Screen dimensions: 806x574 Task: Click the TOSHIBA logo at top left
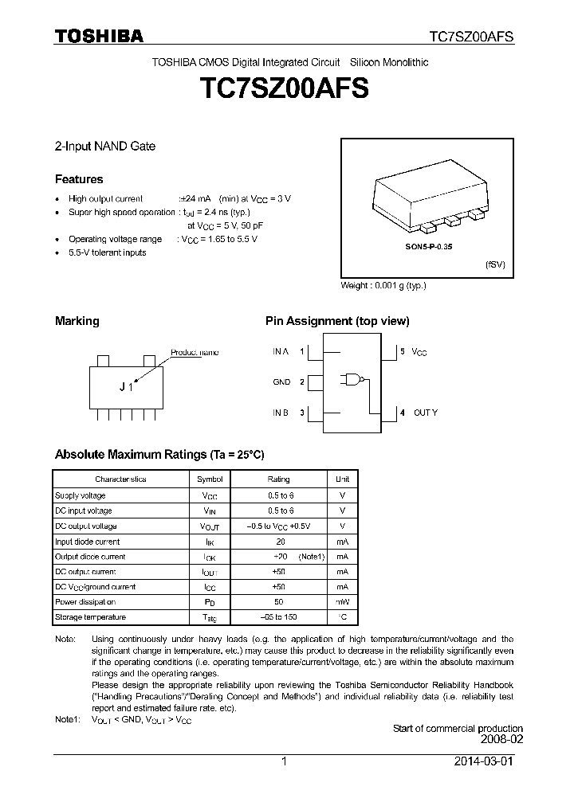pos(99,36)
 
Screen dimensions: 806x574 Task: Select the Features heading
pos(78,179)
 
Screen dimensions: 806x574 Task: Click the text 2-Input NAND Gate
pos(104,147)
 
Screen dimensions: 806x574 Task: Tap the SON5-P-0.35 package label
pos(428,248)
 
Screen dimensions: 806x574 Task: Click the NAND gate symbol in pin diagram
pos(352,381)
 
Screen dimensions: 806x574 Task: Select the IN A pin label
pos(281,351)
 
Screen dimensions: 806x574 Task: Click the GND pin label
pos(281,382)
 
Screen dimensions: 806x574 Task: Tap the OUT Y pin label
pos(425,413)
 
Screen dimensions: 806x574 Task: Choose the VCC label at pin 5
pos(419,352)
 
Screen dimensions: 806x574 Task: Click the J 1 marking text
pos(125,387)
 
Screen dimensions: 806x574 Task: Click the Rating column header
pos(278,479)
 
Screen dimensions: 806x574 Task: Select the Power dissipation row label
pos(85,602)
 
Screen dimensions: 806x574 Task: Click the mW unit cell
pos(342,602)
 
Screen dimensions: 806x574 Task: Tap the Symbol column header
pos(210,479)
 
